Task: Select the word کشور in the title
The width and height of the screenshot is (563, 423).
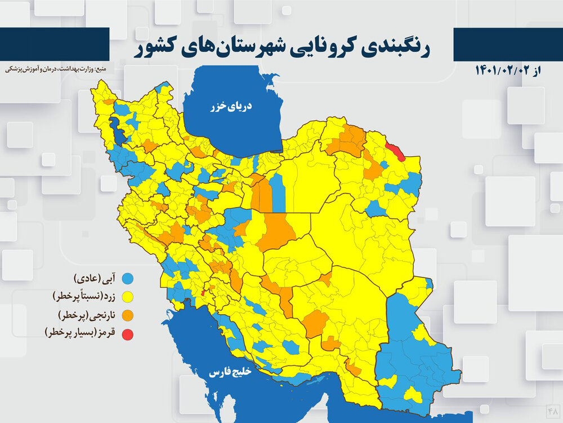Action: coord(158,47)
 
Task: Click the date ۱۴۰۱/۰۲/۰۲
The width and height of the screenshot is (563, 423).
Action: coord(504,70)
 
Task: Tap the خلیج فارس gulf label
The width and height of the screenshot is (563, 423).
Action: coord(231,373)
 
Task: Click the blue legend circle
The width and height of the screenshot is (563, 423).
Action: coord(129,278)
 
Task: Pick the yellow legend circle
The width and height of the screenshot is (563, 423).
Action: coord(129,296)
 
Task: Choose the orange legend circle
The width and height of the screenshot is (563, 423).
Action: coord(129,315)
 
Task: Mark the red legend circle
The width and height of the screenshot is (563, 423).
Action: coord(129,334)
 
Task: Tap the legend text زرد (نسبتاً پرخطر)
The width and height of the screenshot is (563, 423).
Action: coord(84,296)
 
